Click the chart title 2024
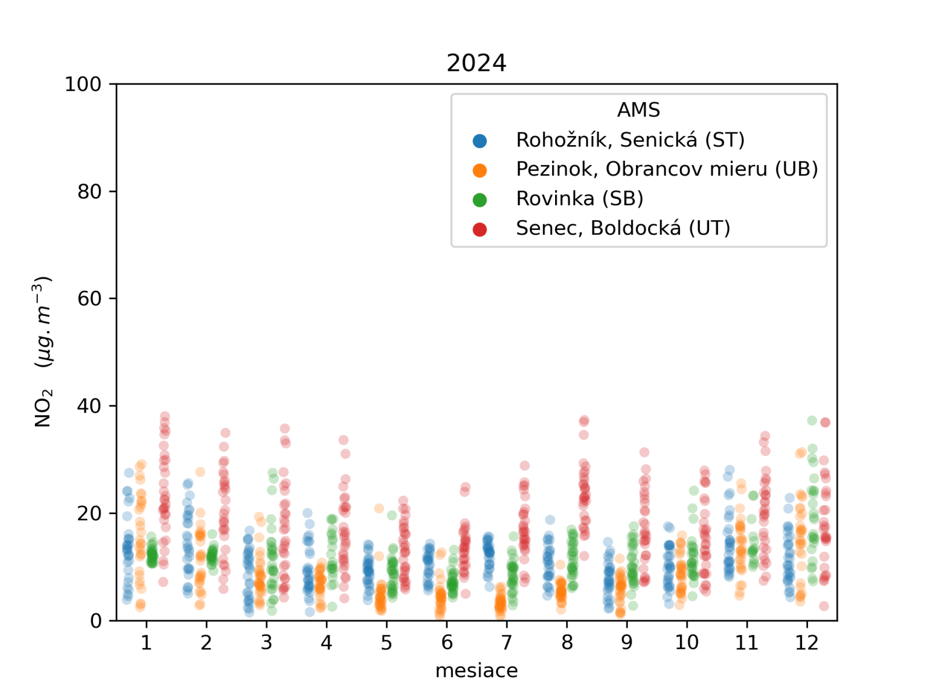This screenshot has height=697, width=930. (476, 63)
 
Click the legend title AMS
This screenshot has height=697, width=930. (638, 110)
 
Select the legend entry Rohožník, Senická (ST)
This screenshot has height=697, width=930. (630, 140)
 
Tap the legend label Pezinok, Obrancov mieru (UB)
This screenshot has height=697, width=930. (667, 169)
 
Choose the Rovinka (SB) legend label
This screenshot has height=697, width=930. (580, 199)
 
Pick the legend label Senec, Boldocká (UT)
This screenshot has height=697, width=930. (623, 228)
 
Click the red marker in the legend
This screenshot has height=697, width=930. (480, 229)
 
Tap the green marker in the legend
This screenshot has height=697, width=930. (480, 200)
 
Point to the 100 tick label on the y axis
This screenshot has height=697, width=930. (83, 84)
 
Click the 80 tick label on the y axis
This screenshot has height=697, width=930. (90, 192)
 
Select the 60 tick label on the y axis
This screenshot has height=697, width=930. (90, 299)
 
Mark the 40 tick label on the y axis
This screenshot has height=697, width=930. (90, 406)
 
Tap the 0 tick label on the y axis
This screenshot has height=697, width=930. (96, 621)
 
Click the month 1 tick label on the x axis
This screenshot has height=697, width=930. (146, 643)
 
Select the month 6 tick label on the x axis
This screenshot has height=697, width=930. (446, 643)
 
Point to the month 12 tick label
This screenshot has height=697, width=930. (807, 643)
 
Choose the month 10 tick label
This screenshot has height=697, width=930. (686, 643)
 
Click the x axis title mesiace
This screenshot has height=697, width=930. (476, 671)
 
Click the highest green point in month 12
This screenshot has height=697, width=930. (812, 421)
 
